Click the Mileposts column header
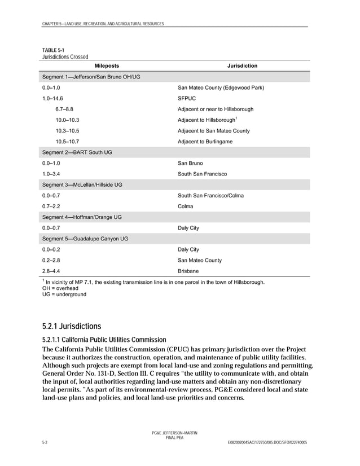point(107,66)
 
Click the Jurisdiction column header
point(242,66)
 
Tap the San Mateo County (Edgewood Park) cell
point(221,88)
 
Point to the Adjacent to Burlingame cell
point(205,142)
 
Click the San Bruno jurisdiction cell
point(190,163)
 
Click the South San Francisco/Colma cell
point(210,196)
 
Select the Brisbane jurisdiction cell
point(188,271)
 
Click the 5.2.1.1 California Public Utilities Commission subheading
point(104,340)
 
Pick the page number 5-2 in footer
point(45,442)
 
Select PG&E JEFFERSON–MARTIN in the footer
point(174,432)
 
